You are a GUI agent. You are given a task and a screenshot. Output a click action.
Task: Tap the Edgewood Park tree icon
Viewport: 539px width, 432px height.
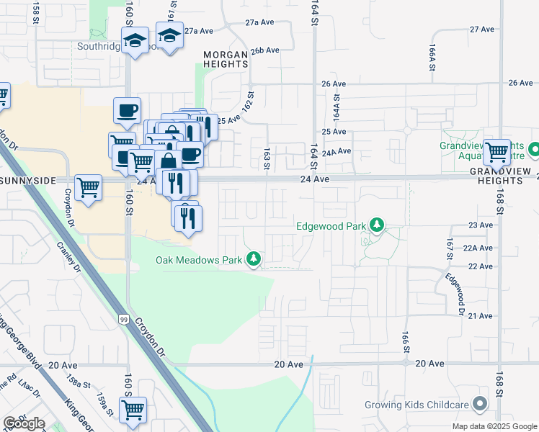376,226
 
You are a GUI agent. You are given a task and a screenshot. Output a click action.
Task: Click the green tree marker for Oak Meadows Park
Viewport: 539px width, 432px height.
253,258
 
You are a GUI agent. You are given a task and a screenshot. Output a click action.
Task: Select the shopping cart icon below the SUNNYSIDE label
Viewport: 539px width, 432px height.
88,188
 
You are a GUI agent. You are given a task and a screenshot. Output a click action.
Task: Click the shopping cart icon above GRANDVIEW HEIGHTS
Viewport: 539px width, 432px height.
496,152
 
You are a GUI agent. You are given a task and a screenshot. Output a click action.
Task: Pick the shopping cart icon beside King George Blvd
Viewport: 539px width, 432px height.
133,410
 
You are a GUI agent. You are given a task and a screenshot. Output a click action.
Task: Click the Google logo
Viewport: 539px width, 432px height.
24,423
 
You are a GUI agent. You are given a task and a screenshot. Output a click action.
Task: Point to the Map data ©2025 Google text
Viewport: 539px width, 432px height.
494,426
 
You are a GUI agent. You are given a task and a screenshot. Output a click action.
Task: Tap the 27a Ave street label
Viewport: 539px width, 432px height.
199,31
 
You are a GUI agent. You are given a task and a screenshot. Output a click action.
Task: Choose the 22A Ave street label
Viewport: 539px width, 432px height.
477,247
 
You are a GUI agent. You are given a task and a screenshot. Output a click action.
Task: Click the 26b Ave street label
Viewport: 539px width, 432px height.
264,50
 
